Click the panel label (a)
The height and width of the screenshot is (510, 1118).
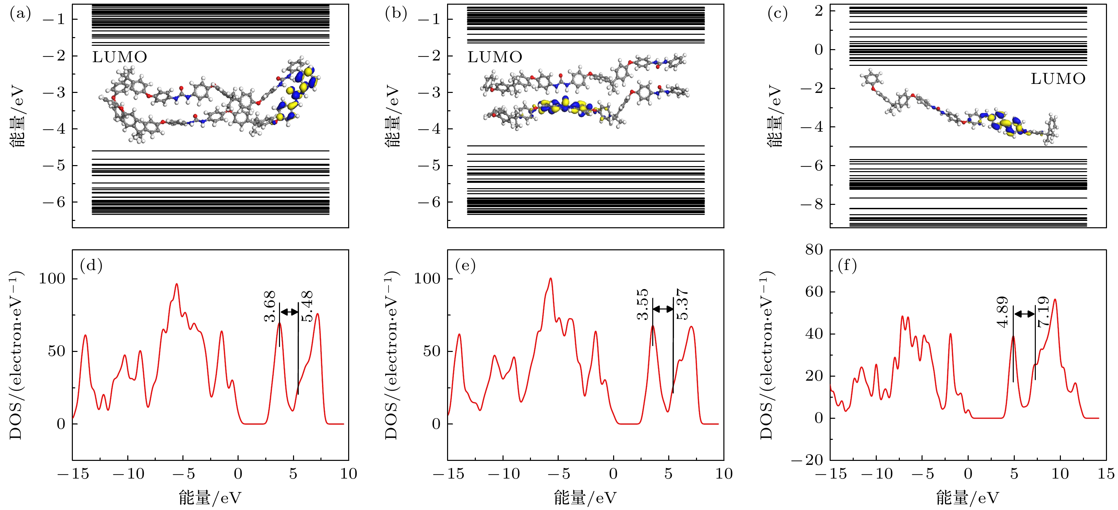pos(20,14)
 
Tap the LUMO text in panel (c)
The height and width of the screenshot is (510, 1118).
pos(1058,79)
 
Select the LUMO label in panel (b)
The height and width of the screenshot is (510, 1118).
pos(495,57)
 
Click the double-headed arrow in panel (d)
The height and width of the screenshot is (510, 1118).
pos(289,311)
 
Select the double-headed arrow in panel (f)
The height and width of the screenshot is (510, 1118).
pos(1024,314)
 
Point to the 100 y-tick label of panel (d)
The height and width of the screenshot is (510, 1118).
pos(52,279)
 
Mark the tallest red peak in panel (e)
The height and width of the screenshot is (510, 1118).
pos(551,279)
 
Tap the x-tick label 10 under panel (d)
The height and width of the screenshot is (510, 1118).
pos(348,474)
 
